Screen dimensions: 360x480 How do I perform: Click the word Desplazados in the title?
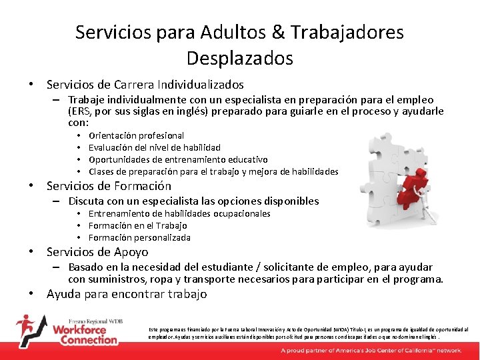239,59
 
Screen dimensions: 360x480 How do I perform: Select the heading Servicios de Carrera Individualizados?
145,85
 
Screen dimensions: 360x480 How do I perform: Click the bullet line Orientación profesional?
136,135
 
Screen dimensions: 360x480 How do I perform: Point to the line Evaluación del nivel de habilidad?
154,147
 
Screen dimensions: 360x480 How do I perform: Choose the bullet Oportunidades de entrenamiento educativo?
178,159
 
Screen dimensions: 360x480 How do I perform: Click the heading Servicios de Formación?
109,186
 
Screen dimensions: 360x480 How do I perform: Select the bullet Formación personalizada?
139,237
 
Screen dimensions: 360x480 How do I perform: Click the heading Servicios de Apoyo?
97,252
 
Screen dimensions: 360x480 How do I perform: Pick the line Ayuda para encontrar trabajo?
127,294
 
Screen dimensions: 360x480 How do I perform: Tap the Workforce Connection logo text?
85,334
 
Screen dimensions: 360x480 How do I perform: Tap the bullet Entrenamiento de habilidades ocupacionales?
179,213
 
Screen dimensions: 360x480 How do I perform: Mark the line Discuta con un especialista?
193,201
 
